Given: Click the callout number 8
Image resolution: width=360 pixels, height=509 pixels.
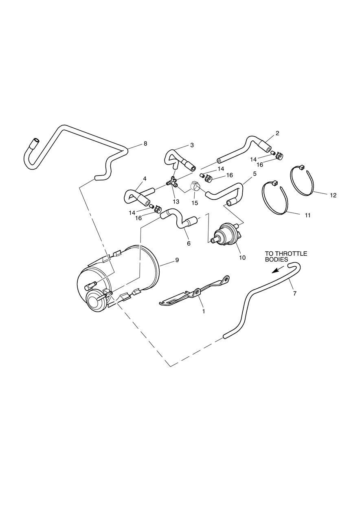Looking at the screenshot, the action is (x=145, y=143).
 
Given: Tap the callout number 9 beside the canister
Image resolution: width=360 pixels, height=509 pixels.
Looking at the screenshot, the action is (x=177, y=260).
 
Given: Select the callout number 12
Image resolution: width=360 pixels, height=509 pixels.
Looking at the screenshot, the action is (x=333, y=195).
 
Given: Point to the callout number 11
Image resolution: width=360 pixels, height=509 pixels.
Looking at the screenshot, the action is (x=307, y=215).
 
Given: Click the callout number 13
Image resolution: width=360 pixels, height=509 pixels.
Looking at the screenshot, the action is (x=176, y=202).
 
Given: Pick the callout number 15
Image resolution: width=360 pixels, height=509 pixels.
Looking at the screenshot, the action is (x=195, y=203).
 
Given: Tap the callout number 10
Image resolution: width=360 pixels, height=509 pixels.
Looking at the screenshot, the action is (x=242, y=258).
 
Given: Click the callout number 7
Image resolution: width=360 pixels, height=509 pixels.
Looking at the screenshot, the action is (x=295, y=293).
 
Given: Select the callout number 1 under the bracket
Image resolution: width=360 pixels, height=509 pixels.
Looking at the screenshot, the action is (x=204, y=311).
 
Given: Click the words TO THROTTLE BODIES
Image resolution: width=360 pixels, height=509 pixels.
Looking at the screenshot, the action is (x=286, y=256).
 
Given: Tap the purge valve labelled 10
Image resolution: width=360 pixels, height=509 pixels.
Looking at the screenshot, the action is (x=226, y=235).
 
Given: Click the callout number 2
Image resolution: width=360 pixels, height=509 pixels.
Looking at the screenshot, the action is (x=277, y=134).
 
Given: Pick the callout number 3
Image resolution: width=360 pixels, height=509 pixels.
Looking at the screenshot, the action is (x=192, y=145).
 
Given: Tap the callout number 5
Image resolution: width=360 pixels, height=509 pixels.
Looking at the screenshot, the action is (x=254, y=174).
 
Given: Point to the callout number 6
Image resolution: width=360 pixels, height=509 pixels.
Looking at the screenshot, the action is (x=189, y=244).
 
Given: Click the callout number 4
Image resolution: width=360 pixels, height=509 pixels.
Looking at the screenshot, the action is (x=145, y=179).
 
